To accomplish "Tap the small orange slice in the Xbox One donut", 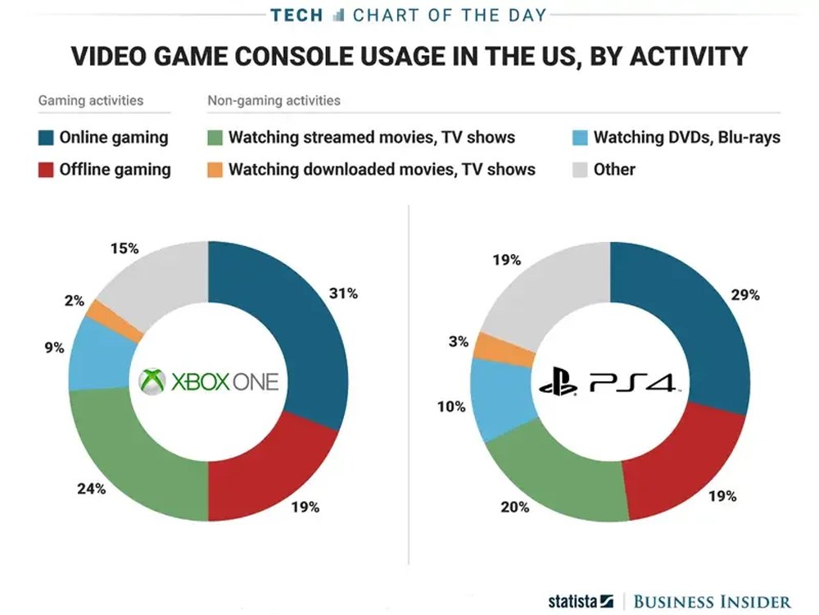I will (x=105, y=316).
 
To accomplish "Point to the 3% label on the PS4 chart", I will (x=459, y=342).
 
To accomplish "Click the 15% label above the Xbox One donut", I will (x=124, y=247).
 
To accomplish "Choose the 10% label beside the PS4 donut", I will (x=452, y=407).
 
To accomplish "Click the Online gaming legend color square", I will (x=45, y=137).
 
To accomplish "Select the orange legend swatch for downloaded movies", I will (x=215, y=170).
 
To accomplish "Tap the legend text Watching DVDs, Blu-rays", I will (x=686, y=137).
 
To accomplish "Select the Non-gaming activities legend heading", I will (x=274, y=101).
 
